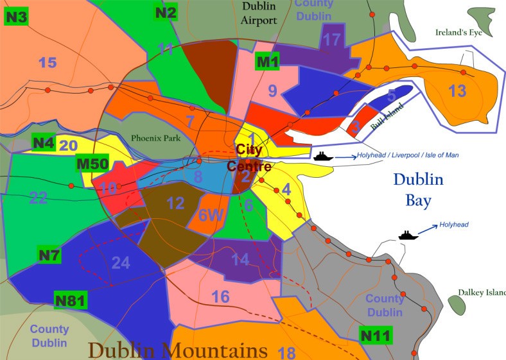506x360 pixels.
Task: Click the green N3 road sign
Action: click(16, 17)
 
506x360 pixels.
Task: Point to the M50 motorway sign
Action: click(92, 164)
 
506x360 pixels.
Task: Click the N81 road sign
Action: click(71, 300)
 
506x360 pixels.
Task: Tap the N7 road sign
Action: click(49, 255)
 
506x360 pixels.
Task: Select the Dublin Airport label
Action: click(259, 13)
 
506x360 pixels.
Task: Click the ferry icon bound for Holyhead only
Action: click(408, 235)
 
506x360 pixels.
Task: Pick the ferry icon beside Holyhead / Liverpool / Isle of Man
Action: click(322, 156)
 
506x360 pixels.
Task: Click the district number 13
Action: click(457, 90)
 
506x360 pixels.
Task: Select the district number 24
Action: click(121, 262)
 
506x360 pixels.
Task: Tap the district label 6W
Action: click(210, 216)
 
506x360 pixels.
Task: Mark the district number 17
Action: click(331, 40)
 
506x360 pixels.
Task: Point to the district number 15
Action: click(48, 62)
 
